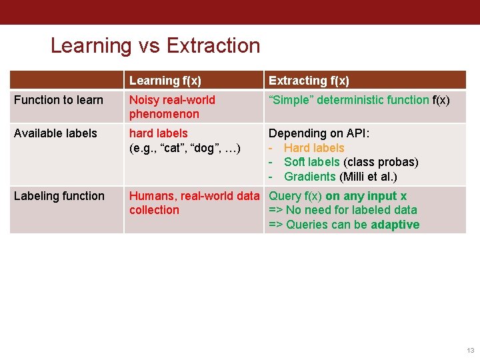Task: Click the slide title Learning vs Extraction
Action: coord(155,45)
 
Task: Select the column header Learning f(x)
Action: coord(165,81)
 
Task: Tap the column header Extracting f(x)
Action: coord(309,81)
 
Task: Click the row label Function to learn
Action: coord(59,100)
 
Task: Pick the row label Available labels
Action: coord(55,133)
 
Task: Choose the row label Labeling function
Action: coord(59,196)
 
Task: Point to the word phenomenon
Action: coord(164,114)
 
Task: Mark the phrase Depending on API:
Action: coord(319,133)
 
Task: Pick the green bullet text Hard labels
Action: coord(314,148)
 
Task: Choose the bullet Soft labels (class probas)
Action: coord(351,162)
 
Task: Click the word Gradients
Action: coord(310,177)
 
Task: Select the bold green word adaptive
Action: coord(395,225)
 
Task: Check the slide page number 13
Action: coord(471,350)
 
